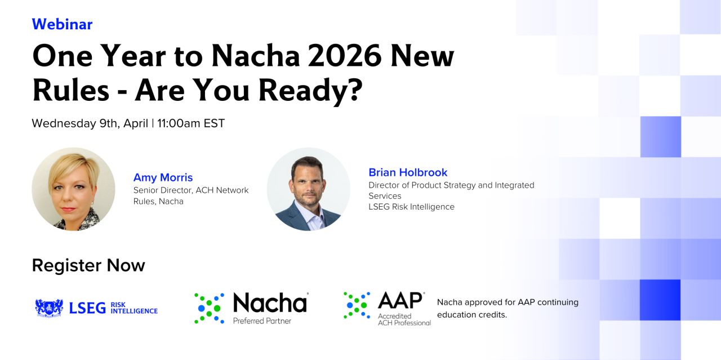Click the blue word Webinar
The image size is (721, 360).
point(62,24)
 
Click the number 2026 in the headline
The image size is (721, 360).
point(345,56)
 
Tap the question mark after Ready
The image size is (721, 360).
point(355,90)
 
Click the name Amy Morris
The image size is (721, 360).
point(163,177)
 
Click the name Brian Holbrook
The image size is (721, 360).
point(408,172)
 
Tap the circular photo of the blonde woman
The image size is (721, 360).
point(73,189)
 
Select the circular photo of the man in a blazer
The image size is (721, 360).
point(308,189)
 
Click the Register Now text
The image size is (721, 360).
point(88,265)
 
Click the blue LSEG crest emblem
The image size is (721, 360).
point(49,308)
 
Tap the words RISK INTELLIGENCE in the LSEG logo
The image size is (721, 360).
point(134,308)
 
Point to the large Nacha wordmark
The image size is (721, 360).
point(270,303)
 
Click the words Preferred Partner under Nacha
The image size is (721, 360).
point(262,321)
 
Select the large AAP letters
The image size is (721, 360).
point(400,301)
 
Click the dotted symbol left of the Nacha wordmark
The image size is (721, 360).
point(209,308)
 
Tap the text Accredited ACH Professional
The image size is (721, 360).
point(404,319)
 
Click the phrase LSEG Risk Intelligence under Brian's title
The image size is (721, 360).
point(411,207)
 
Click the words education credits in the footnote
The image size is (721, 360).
point(472,315)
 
